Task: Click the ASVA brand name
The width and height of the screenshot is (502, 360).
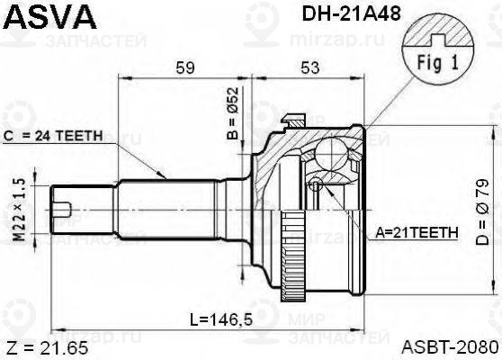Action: point(46,17)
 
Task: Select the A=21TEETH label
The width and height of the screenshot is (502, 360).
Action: point(417,232)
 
